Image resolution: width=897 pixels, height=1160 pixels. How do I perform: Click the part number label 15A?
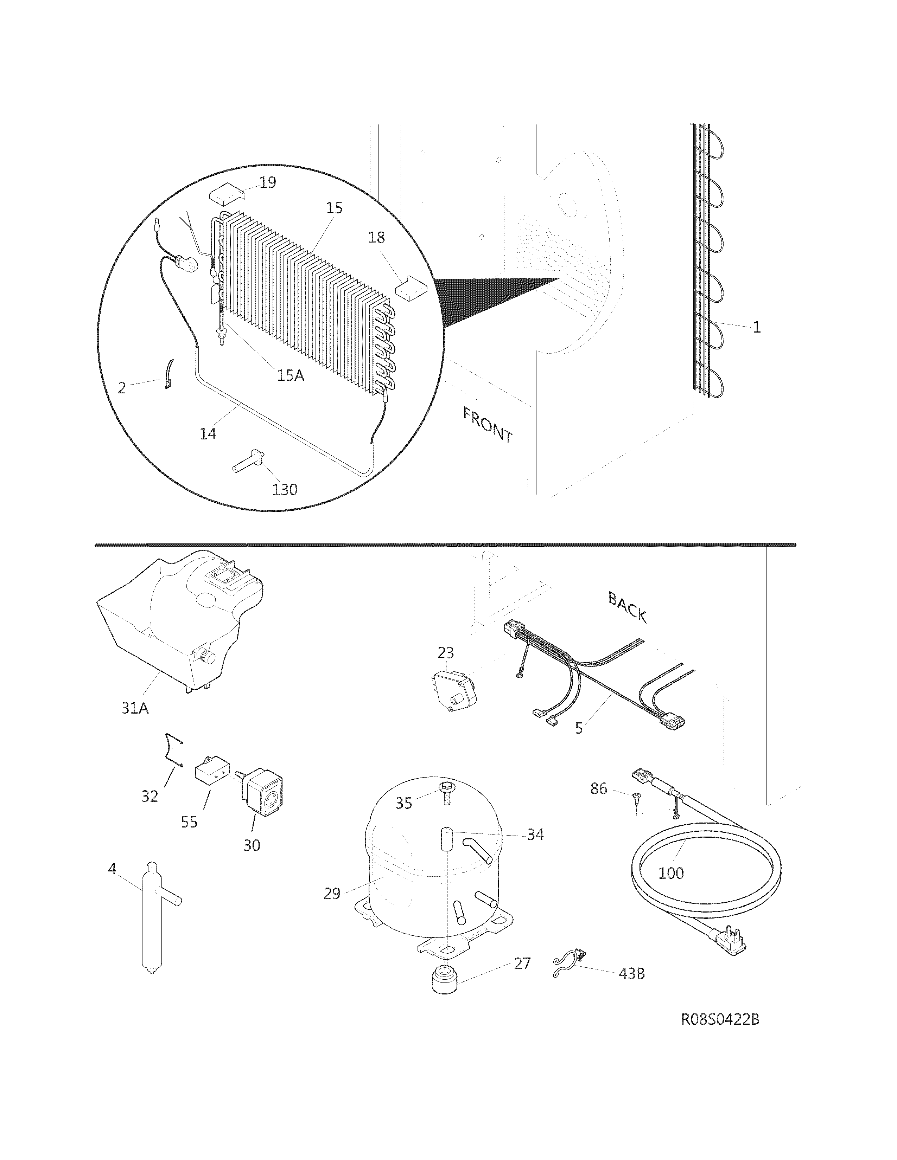point(291,375)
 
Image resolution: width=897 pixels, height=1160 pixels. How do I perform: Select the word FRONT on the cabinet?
point(487,425)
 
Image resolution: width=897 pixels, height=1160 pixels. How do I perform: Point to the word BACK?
point(627,608)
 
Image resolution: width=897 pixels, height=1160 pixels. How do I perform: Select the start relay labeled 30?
point(262,794)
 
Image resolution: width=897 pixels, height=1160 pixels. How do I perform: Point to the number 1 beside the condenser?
point(757,327)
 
